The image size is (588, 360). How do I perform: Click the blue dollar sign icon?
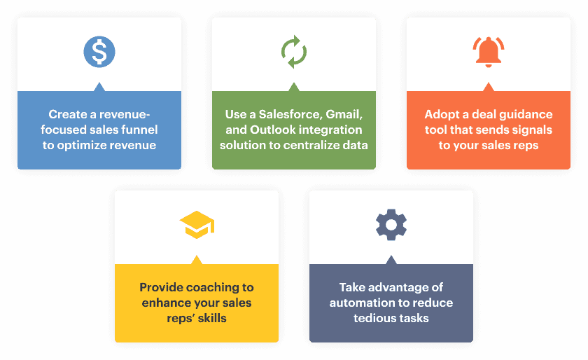coord(99,52)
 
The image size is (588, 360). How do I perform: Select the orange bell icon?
coord(489,53)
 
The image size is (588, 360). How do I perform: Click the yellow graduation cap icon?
coord(197,225)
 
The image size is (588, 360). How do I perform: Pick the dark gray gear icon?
coord(391,225)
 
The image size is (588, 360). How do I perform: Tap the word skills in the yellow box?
coord(212,318)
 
